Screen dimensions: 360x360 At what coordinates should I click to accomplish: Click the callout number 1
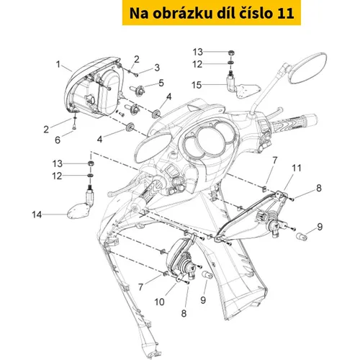tap(58, 64)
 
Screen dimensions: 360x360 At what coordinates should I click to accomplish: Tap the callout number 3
tap(157, 68)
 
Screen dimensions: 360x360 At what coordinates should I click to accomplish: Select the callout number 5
tap(161, 83)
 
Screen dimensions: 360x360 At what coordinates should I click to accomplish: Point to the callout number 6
tap(58, 140)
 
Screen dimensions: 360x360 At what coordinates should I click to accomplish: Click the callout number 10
tap(159, 302)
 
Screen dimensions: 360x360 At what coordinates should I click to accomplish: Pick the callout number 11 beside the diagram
tap(297, 168)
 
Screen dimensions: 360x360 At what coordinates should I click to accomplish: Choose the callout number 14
tap(37, 215)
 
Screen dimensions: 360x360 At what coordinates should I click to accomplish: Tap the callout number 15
tap(197, 85)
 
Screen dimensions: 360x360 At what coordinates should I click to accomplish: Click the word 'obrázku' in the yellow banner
tap(182, 13)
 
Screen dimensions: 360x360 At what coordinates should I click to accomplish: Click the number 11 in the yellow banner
tap(286, 13)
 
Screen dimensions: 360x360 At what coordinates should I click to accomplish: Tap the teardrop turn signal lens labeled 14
tap(78, 211)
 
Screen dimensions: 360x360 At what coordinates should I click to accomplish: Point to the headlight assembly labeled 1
tap(94, 88)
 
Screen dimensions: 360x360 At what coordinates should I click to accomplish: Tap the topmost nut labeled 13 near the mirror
tap(231, 53)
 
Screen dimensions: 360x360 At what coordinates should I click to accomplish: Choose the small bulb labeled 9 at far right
tap(302, 236)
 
